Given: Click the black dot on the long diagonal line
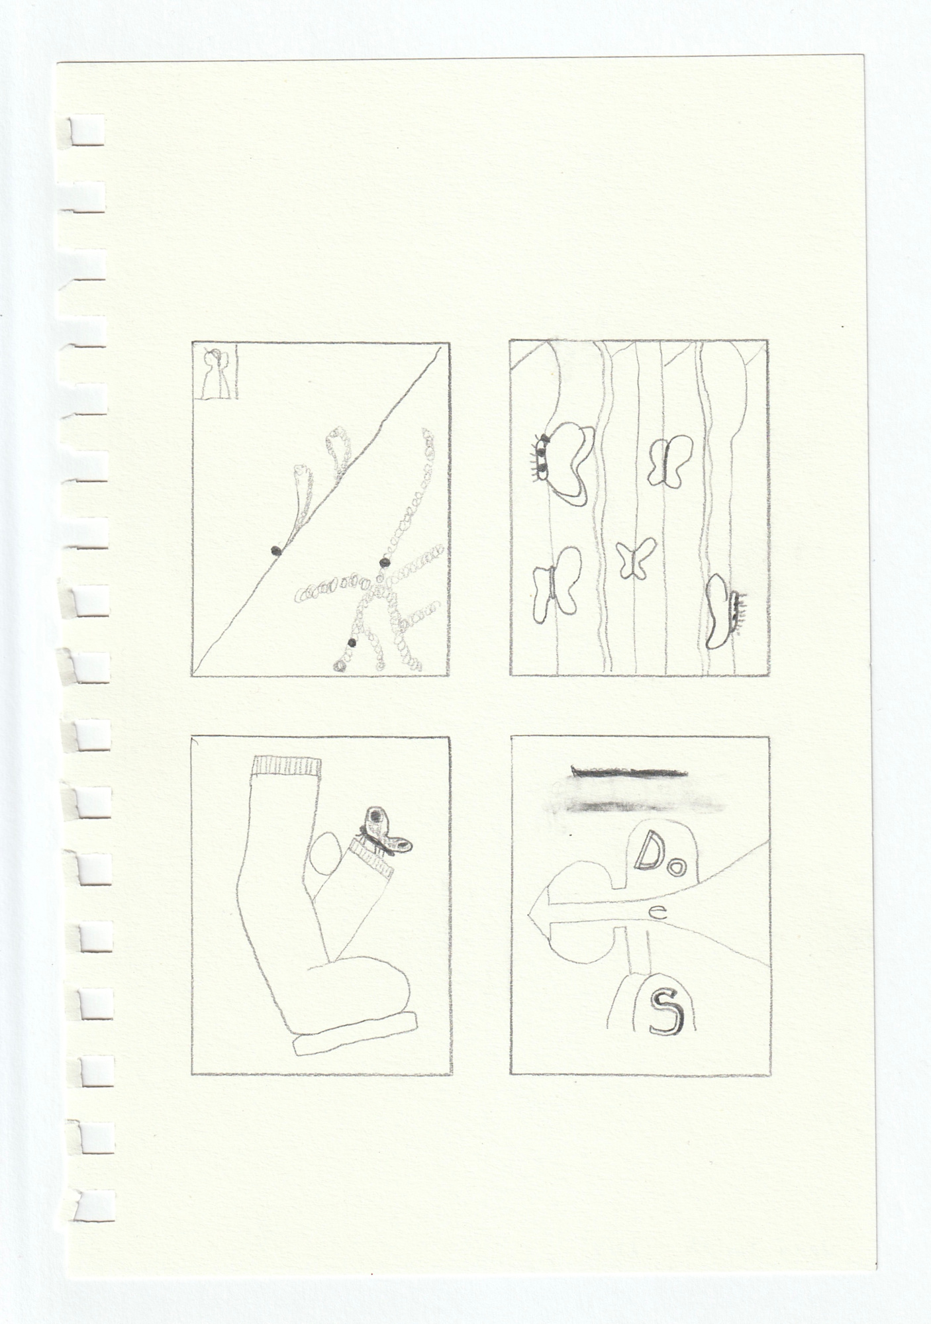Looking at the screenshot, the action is pos(275,549).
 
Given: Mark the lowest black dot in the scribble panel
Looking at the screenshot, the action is pos(352,643).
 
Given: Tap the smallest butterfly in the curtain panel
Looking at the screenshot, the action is pos(636,558).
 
